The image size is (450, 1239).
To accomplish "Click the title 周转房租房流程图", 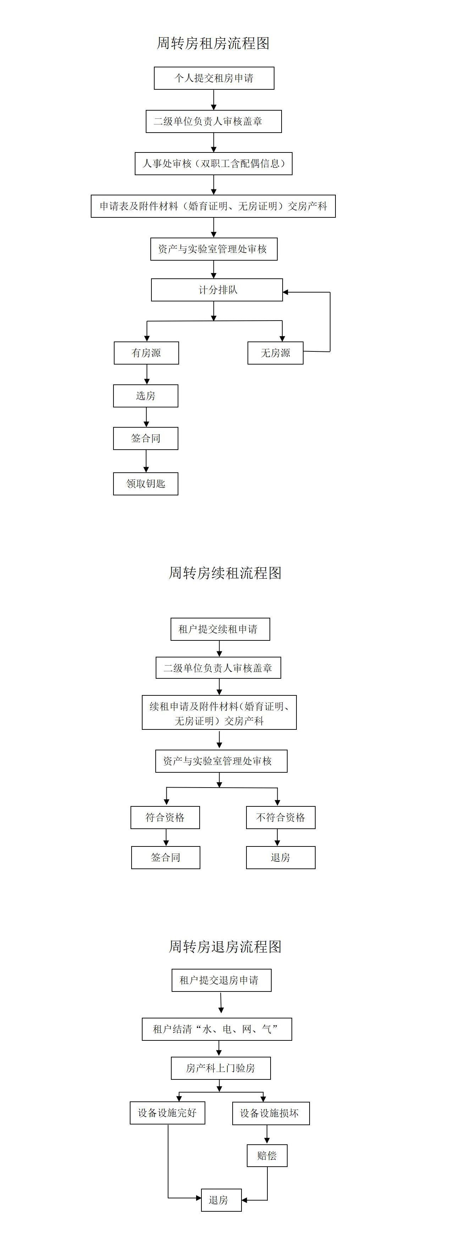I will (x=213, y=43).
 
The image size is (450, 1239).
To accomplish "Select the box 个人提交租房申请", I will (x=214, y=78).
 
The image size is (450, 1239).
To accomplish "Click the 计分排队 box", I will (x=217, y=290).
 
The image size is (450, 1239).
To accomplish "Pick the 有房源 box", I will (x=146, y=353).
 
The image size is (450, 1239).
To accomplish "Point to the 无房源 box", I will (x=275, y=353).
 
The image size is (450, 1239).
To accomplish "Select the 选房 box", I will (x=146, y=396).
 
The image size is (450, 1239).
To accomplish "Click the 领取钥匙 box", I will (x=146, y=484).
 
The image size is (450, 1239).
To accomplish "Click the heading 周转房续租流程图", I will (x=225, y=573).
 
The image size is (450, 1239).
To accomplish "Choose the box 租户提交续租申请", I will (x=220, y=629).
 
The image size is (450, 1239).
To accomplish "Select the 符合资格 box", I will (x=165, y=818).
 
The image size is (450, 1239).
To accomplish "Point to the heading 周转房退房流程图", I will (x=225, y=946).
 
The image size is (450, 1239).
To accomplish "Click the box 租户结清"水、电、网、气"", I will (x=216, y=1029).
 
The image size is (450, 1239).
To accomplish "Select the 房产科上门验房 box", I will (x=220, y=1068).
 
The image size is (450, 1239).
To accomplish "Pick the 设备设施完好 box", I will (x=167, y=1113).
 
